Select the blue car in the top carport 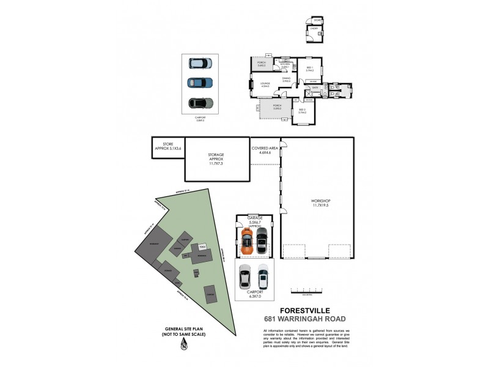point(200,83)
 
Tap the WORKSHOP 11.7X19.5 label point(320,203)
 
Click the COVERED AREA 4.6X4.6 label point(265,150)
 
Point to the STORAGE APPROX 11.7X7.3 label point(216,158)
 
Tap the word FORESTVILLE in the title point(301,310)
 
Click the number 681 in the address point(273,319)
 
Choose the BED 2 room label point(302,111)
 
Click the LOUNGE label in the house point(265,85)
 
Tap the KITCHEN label point(285,64)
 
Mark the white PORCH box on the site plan point(202,247)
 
